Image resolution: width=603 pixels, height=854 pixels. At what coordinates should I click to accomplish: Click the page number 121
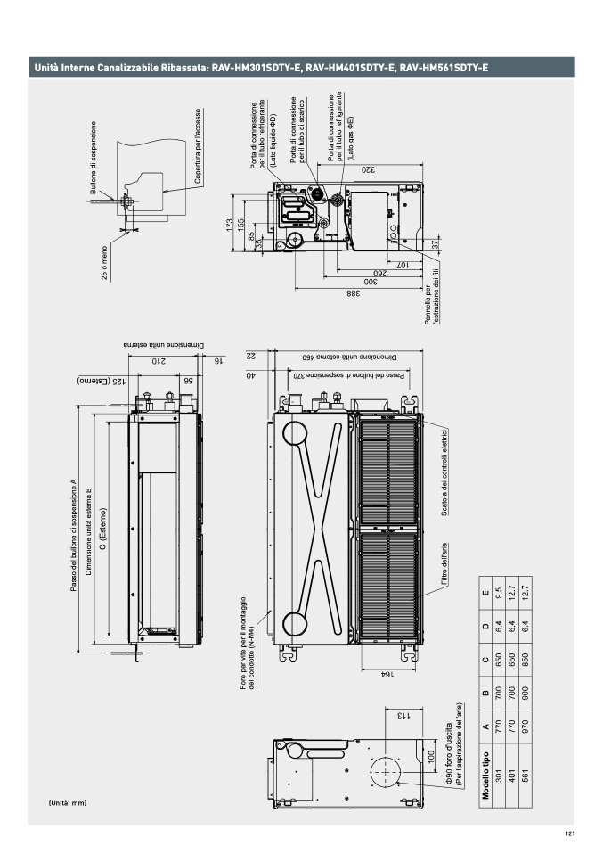point(570,833)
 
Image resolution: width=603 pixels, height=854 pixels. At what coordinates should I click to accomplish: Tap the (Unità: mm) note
point(68,803)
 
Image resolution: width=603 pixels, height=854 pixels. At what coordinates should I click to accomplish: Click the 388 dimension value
point(354,293)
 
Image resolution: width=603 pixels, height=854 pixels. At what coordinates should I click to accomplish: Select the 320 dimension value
point(368,169)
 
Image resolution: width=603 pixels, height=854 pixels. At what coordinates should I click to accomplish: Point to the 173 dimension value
point(230,224)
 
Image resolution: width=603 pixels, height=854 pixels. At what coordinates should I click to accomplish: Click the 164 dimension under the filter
point(386,675)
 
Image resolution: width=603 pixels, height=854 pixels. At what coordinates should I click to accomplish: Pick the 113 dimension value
point(403,715)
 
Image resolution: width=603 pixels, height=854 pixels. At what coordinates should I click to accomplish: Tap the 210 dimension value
point(159,361)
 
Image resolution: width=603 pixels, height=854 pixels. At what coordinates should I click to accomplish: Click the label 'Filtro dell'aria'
point(444,563)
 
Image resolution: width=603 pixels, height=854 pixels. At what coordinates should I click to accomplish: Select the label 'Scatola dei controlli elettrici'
point(444,472)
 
